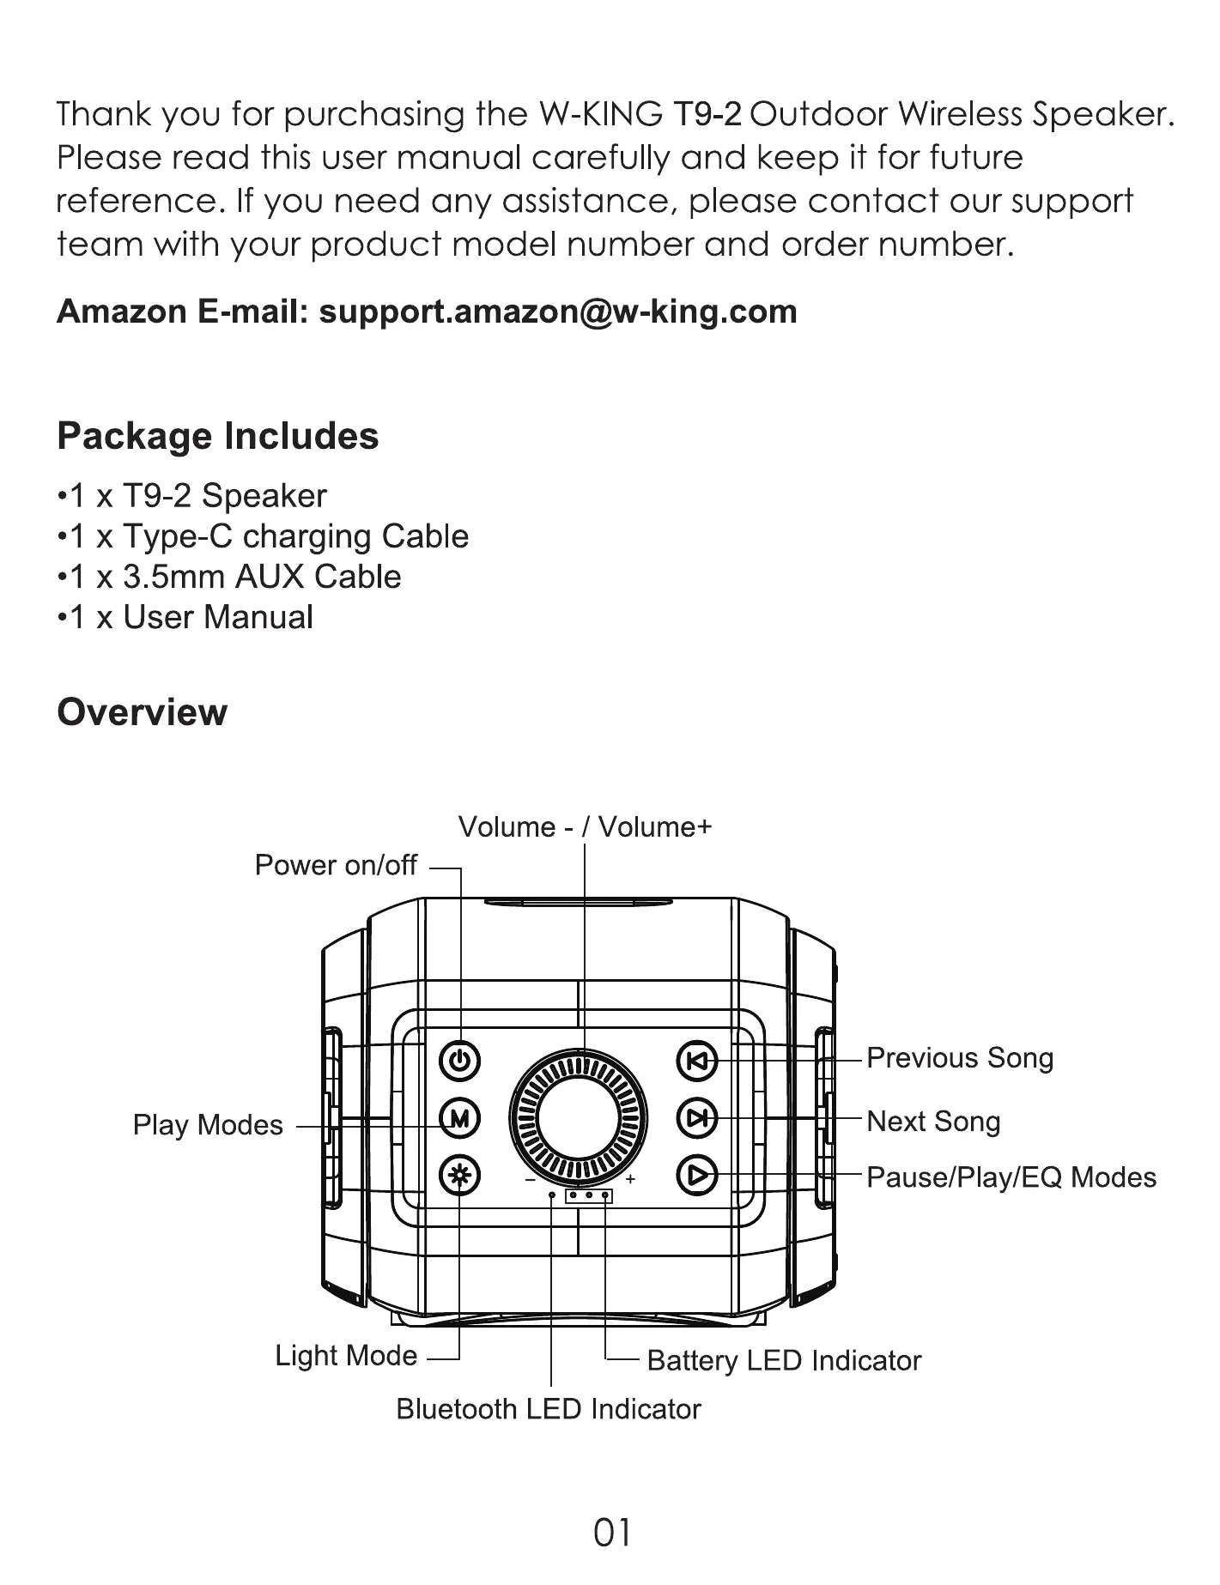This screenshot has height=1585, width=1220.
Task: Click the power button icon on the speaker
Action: tap(460, 1061)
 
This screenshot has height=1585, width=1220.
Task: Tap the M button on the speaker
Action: tap(460, 1117)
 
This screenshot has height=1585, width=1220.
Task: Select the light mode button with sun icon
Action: tap(460, 1175)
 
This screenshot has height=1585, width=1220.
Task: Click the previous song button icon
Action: tap(697, 1061)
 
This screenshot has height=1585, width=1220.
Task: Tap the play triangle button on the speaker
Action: tap(697, 1175)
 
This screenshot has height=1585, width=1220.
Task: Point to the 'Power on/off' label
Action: tap(336, 865)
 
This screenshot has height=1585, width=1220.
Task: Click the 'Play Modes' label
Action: tap(208, 1125)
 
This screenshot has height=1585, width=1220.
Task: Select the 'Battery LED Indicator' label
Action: tap(783, 1360)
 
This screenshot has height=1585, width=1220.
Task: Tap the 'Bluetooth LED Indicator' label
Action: tap(548, 1409)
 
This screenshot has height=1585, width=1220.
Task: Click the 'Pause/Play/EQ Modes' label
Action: tap(1011, 1177)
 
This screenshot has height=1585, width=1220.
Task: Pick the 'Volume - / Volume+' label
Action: tap(585, 827)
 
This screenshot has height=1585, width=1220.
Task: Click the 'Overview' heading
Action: tap(142, 712)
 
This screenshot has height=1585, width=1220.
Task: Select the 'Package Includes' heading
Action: tap(217, 436)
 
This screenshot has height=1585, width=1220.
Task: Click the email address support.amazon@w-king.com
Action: tap(558, 312)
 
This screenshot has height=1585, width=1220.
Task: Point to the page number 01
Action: tap(611, 1532)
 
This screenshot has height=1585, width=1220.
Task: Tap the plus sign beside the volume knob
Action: tap(630, 1179)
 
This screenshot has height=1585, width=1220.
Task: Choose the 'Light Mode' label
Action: tap(346, 1355)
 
